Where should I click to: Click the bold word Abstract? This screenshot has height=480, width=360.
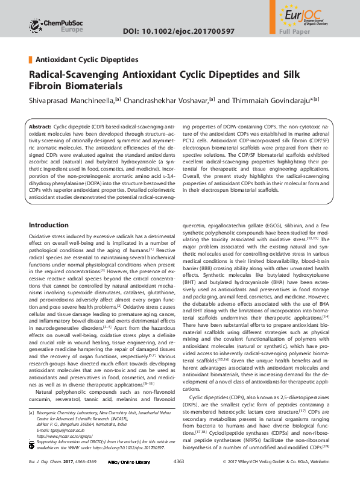[x=40, y=128]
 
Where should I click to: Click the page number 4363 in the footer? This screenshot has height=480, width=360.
[x=178, y=461]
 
